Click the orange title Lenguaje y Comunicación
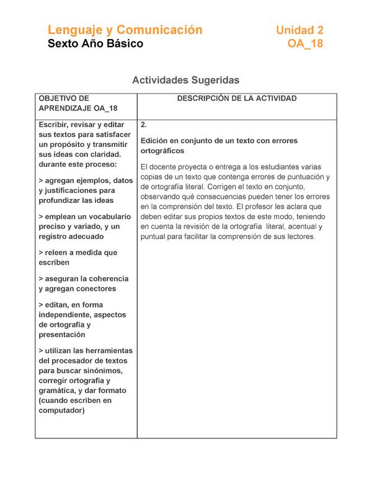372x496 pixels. point(125,30)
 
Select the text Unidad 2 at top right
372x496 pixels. point(299,30)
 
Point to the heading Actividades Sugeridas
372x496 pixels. point(186,80)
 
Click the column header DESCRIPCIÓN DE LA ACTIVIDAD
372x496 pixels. point(237,99)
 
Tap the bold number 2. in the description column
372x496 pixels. point(144,125)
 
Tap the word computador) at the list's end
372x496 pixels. point(61,410)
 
